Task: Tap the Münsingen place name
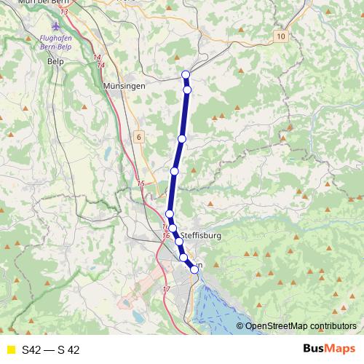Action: [x=125, y=86]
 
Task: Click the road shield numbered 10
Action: [x=281, y=36]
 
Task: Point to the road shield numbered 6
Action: [x=138, y=136]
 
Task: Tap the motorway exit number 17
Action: [x=166, y=290]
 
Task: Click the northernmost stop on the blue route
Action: [x=186, y=74]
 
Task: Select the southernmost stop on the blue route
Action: [x=194, y=270]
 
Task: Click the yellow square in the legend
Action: [x=11, y=350]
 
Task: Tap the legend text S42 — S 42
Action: [x=51, y=350]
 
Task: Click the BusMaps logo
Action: [x=328, y=349]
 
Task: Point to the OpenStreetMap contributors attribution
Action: [x=301, y=327]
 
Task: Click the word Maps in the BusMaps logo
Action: [x=339, y=349]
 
